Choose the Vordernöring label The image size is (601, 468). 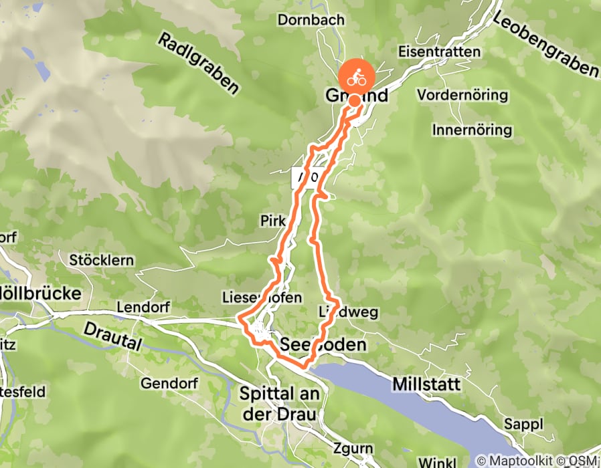(462, 95)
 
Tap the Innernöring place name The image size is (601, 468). (472, 129)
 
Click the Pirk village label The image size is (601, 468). (273, 221)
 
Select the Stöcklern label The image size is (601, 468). (102, 259)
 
